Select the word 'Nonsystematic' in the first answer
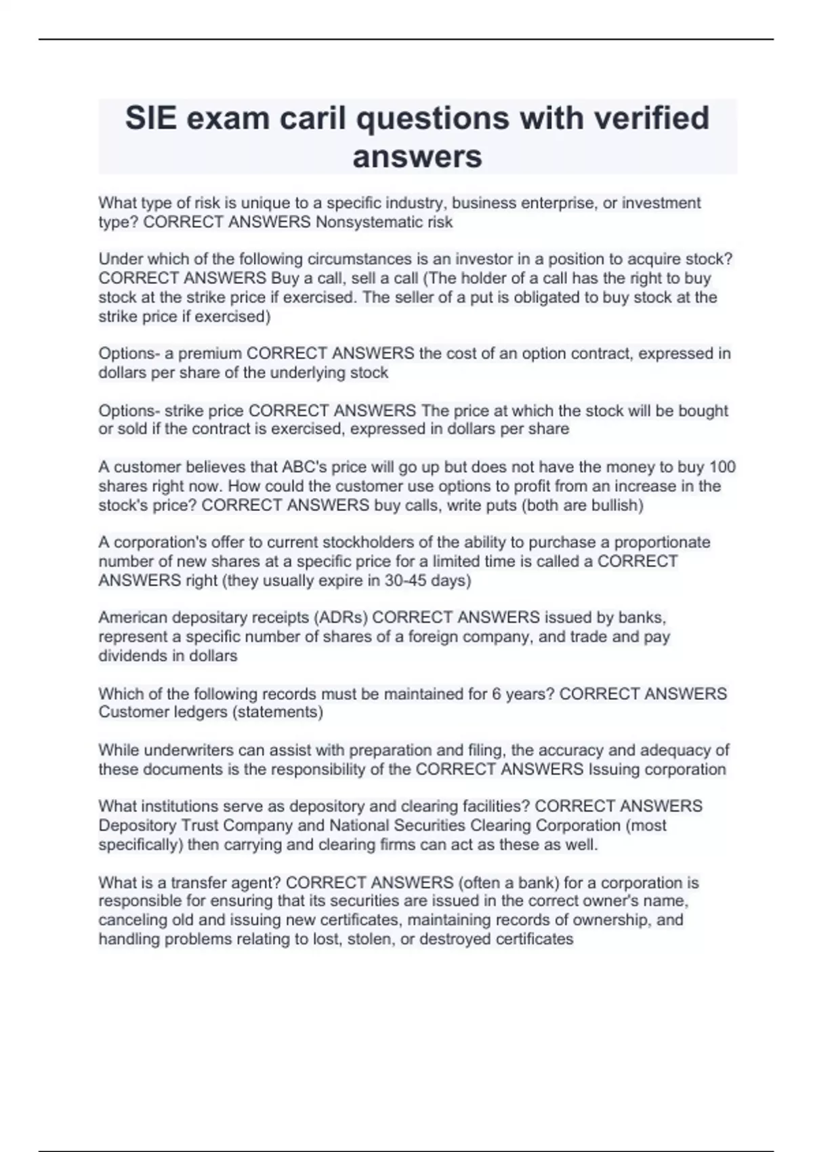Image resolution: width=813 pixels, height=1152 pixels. click(x=363, y=222)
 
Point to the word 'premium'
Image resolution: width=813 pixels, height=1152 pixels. click(x=210, y=354)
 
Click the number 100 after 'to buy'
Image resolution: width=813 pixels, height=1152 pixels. click(x=722, y=467)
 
